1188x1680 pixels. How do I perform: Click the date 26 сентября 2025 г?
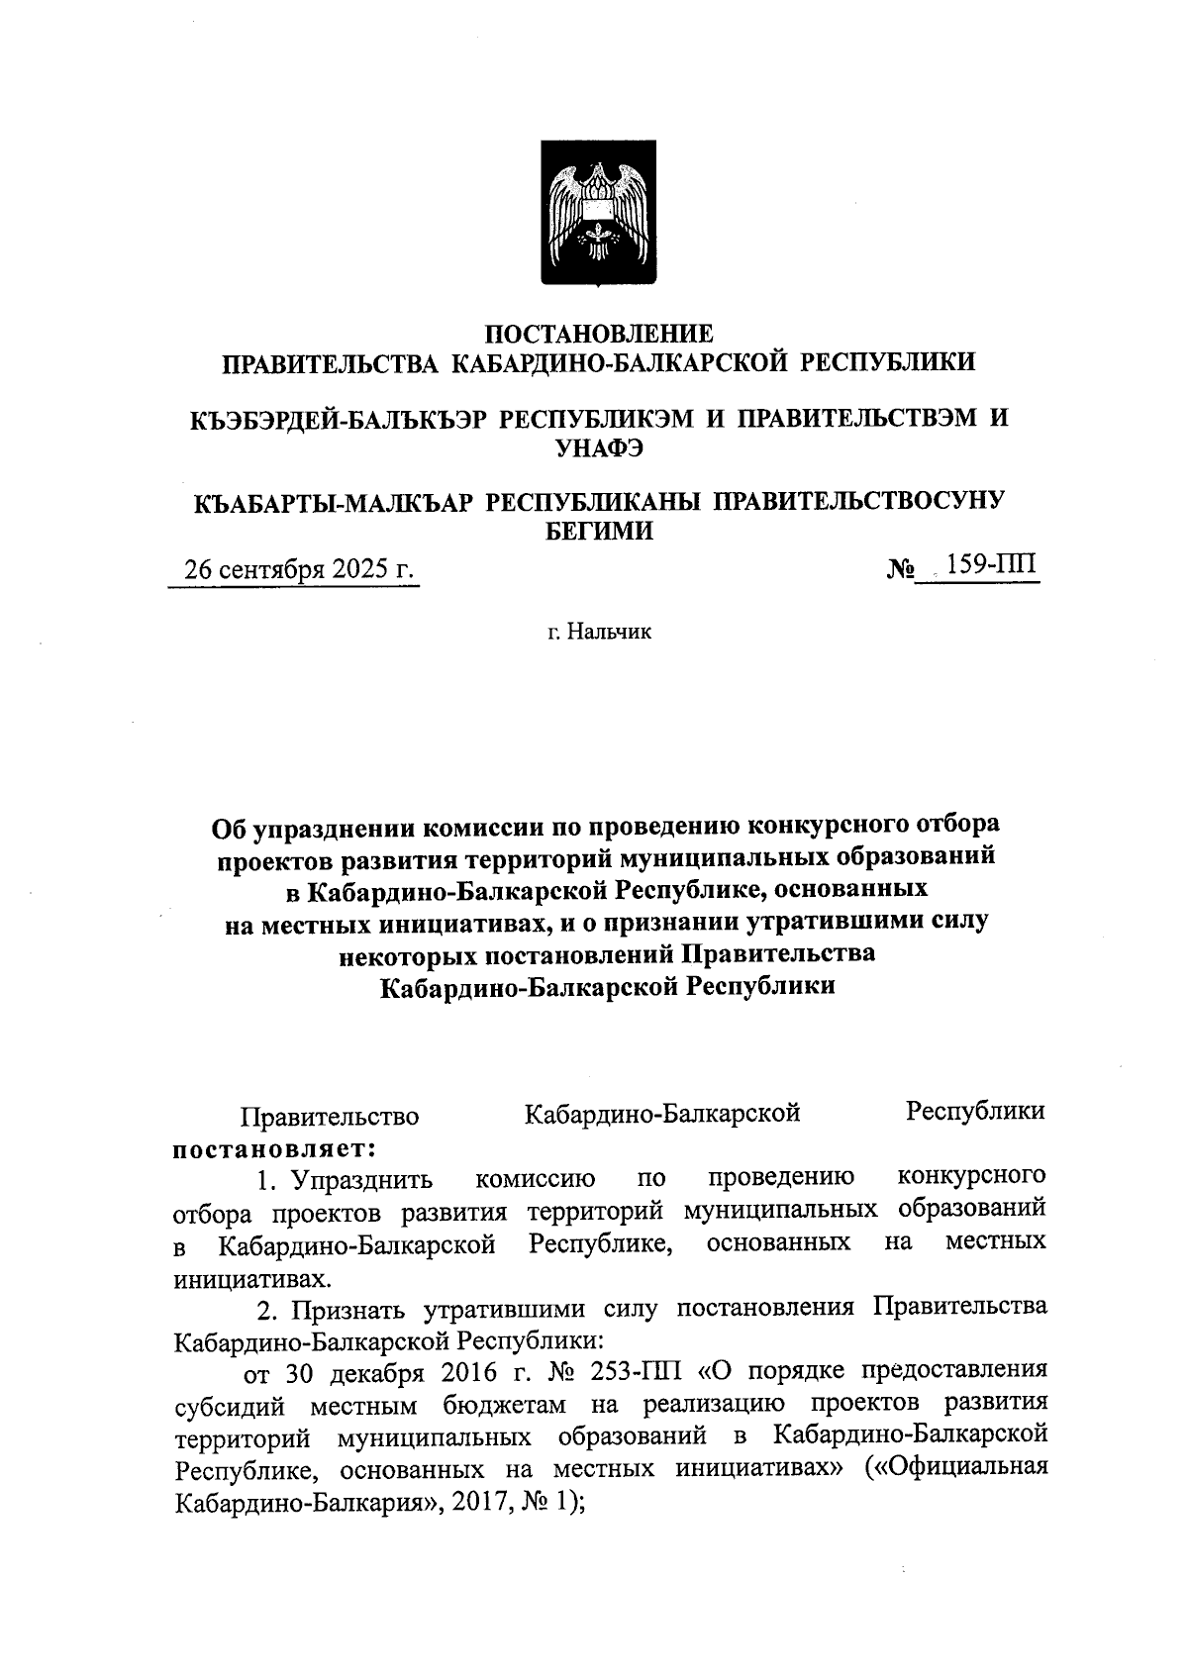point(293,570)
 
